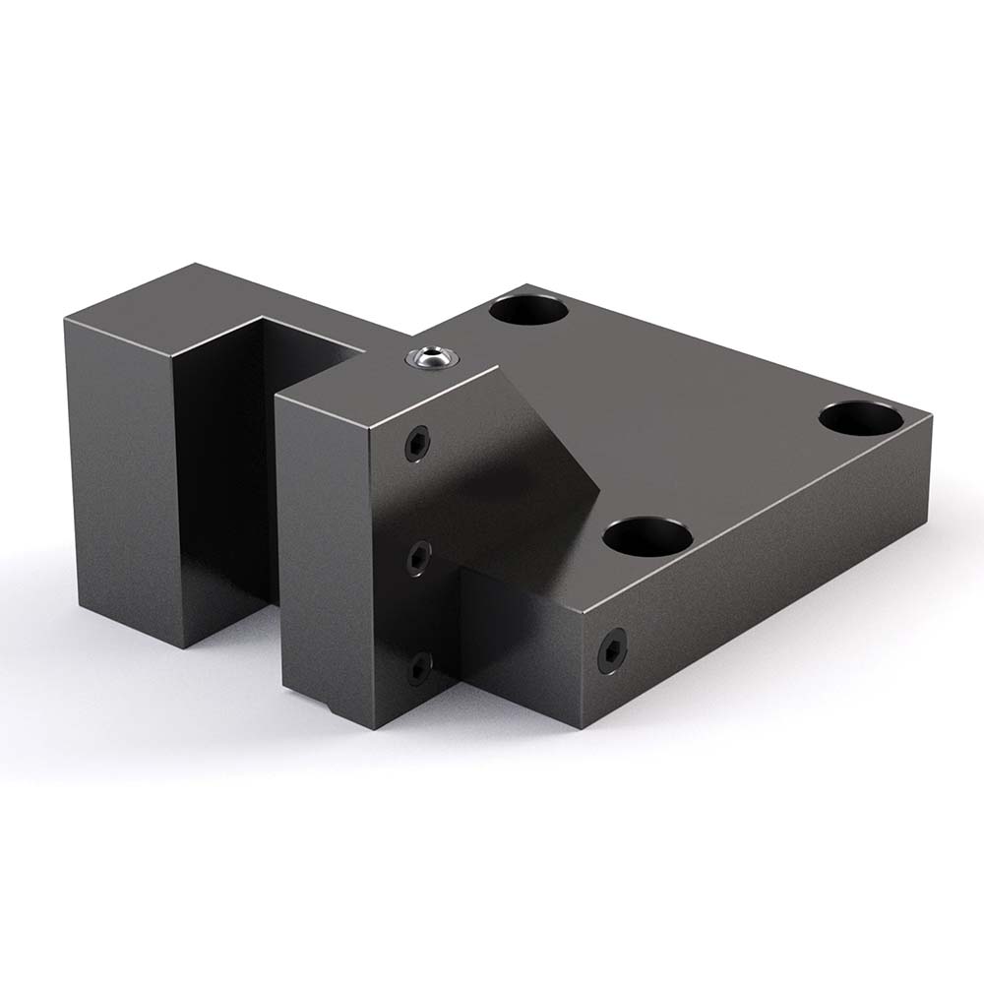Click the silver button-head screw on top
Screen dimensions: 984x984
(431, 358)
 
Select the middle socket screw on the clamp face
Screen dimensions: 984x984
(419, 559)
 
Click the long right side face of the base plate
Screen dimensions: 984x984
(768, 581)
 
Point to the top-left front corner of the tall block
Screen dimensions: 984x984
(67, 320)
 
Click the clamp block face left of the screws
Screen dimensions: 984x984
(330, 551)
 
